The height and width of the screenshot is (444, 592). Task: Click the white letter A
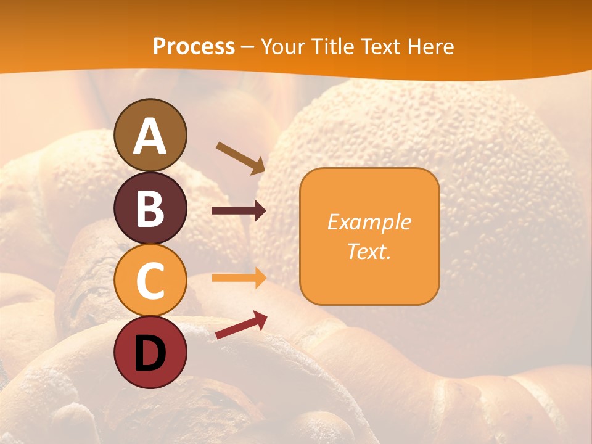[150, 137]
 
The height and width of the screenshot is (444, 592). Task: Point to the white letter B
[150, 209]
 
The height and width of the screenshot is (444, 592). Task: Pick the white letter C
[150, 281]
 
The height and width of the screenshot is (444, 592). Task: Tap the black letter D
[150, 353]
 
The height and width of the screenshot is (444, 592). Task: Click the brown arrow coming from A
[240, 158]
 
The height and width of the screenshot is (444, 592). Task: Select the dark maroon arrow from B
[238, 211]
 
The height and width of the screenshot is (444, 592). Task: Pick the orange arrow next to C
[238, 278]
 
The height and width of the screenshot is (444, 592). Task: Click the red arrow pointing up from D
[240, 326]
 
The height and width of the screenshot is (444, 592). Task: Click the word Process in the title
[194, 47]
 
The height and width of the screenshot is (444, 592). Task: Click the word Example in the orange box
[369, 222]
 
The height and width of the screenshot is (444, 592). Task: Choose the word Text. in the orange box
[369, 251]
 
